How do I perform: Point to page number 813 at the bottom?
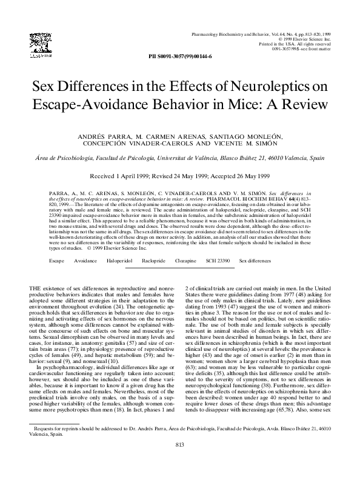(x=179, y=462)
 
